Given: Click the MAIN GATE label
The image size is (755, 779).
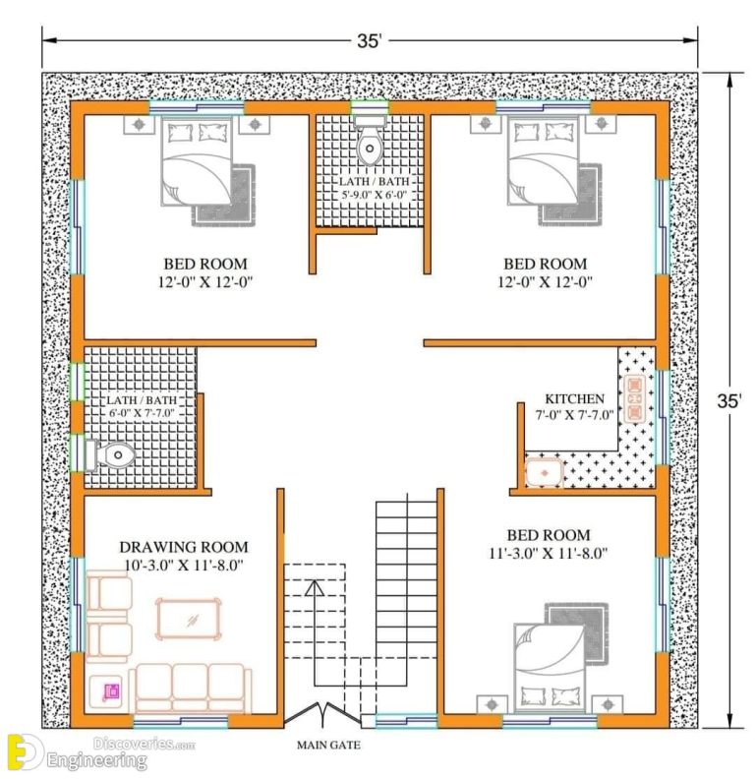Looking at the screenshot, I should (322, 745).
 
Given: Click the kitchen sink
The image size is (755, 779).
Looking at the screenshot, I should (544, 473).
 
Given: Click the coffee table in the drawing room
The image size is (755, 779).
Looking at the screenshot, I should (192, 618).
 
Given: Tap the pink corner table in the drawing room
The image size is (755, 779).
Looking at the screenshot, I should (109, 692).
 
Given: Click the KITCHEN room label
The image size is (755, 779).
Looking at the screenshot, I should (574, 398).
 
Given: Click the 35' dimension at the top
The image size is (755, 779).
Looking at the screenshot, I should (370, 40).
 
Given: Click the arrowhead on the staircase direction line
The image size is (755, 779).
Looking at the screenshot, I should (314, 589).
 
